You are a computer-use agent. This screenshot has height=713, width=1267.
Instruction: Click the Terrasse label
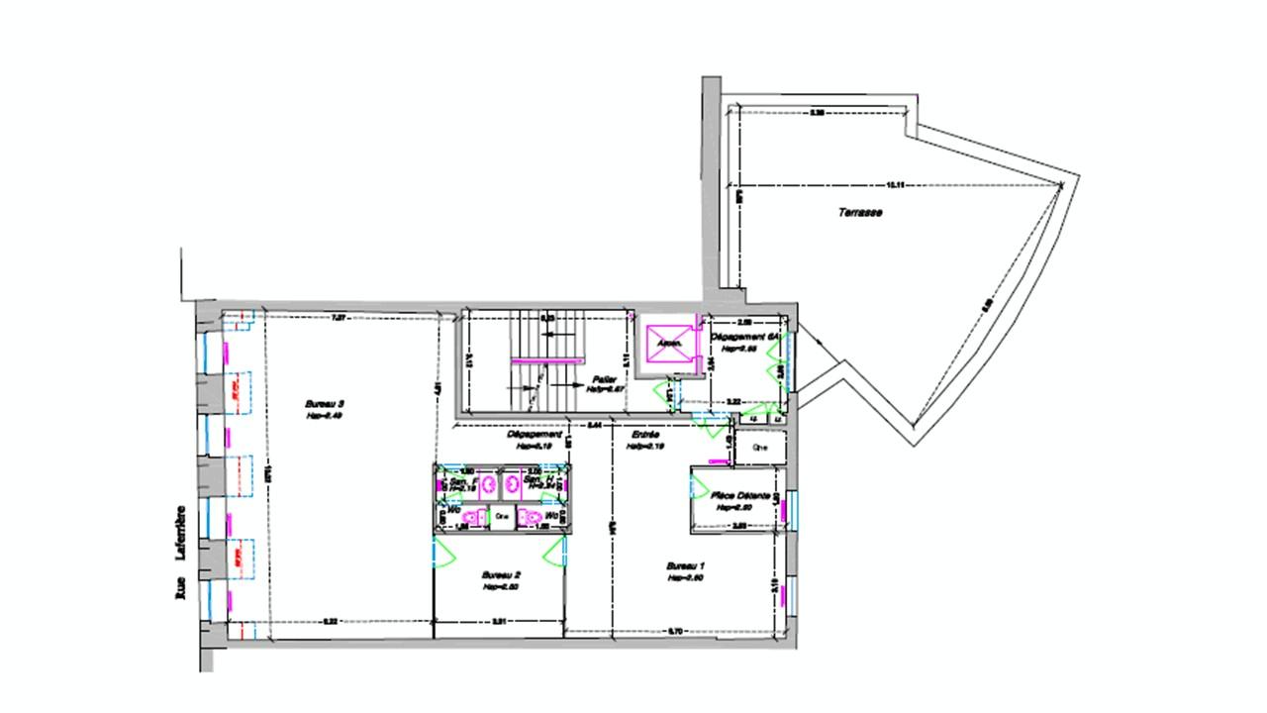pos(860,213)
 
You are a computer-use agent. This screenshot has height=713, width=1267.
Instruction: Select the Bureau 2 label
pos(501,575)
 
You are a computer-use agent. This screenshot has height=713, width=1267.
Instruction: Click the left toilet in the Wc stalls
pos(473,517)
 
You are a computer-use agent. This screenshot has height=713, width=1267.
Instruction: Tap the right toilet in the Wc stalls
pos(533,517)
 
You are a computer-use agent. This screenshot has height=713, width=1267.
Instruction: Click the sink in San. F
pos(486,484)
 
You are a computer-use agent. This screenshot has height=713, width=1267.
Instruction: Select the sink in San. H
pos(512,484)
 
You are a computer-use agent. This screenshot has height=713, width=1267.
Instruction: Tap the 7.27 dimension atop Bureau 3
pos(338,318)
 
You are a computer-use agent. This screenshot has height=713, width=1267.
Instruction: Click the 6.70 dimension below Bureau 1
pos(677,631)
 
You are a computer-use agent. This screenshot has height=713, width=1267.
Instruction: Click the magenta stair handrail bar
pos(563,361)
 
